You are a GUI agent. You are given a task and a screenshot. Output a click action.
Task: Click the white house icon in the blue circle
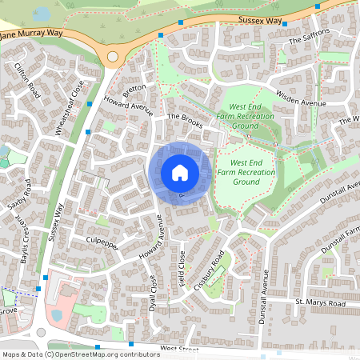point(180,173)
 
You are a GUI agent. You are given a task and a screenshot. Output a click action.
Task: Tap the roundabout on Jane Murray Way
point(113,57)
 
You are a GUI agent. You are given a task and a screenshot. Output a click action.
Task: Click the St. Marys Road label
point(319,303)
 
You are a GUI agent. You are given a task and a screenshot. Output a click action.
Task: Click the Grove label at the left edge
point(8,310)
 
